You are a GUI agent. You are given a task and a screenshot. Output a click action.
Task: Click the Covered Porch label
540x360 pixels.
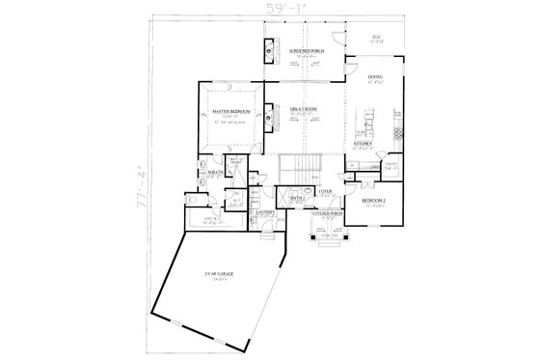click(x=331, y=212)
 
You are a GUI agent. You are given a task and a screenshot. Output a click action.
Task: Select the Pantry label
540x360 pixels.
click(x=391, y=166)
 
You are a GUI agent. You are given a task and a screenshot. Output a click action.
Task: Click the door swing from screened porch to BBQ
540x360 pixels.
click(x=335, y=37)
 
